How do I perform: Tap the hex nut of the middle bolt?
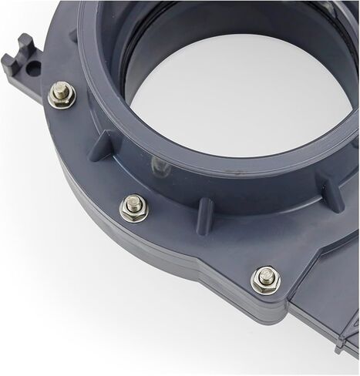tap(133, 208)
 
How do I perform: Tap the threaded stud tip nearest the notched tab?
tap(60, 92)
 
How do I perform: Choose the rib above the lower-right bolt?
tap(333, 193)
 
